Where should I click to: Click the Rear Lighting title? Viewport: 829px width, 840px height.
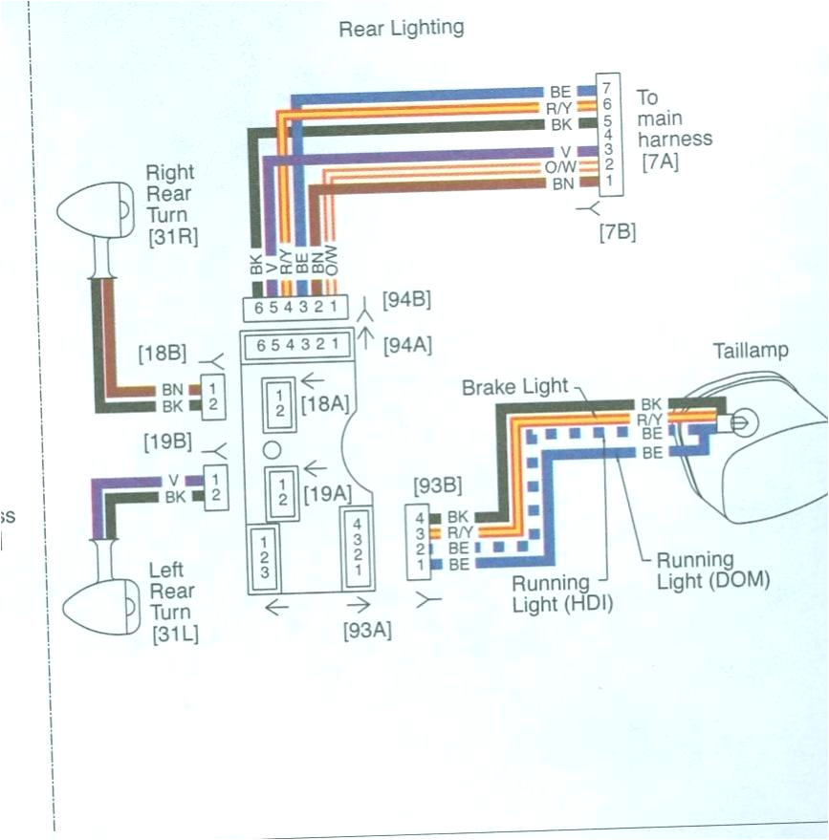[x=401, y=28]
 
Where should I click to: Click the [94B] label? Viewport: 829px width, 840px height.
[x=406, y=300]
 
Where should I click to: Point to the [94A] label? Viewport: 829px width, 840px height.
[x=406, y=345]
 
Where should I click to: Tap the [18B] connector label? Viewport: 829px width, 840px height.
[x=162, y=354]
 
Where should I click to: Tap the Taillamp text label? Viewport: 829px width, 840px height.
[x=752, y=351]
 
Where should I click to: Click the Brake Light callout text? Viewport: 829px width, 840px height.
[x=515, y=388]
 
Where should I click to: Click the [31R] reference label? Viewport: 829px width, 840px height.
[x=173, y=237]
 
